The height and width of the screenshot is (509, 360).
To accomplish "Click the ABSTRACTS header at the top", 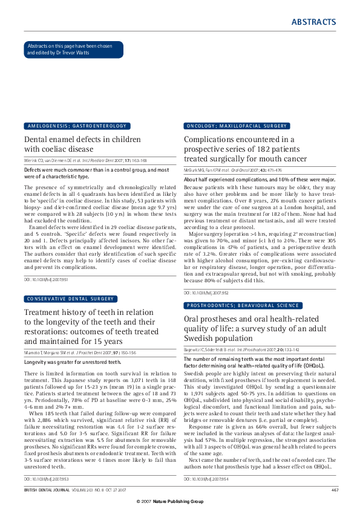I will [313, 22].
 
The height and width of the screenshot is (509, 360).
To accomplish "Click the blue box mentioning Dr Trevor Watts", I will [73, 50].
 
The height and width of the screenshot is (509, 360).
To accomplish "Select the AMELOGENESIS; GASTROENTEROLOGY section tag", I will [76, 126].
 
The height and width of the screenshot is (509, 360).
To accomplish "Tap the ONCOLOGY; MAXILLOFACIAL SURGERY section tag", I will [237, 126].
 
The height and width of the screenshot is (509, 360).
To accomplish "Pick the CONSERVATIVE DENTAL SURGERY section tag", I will [70, 299].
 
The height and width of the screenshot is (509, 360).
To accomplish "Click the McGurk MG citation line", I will [240, 170].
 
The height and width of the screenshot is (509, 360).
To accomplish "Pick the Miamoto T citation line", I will [84, 351].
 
